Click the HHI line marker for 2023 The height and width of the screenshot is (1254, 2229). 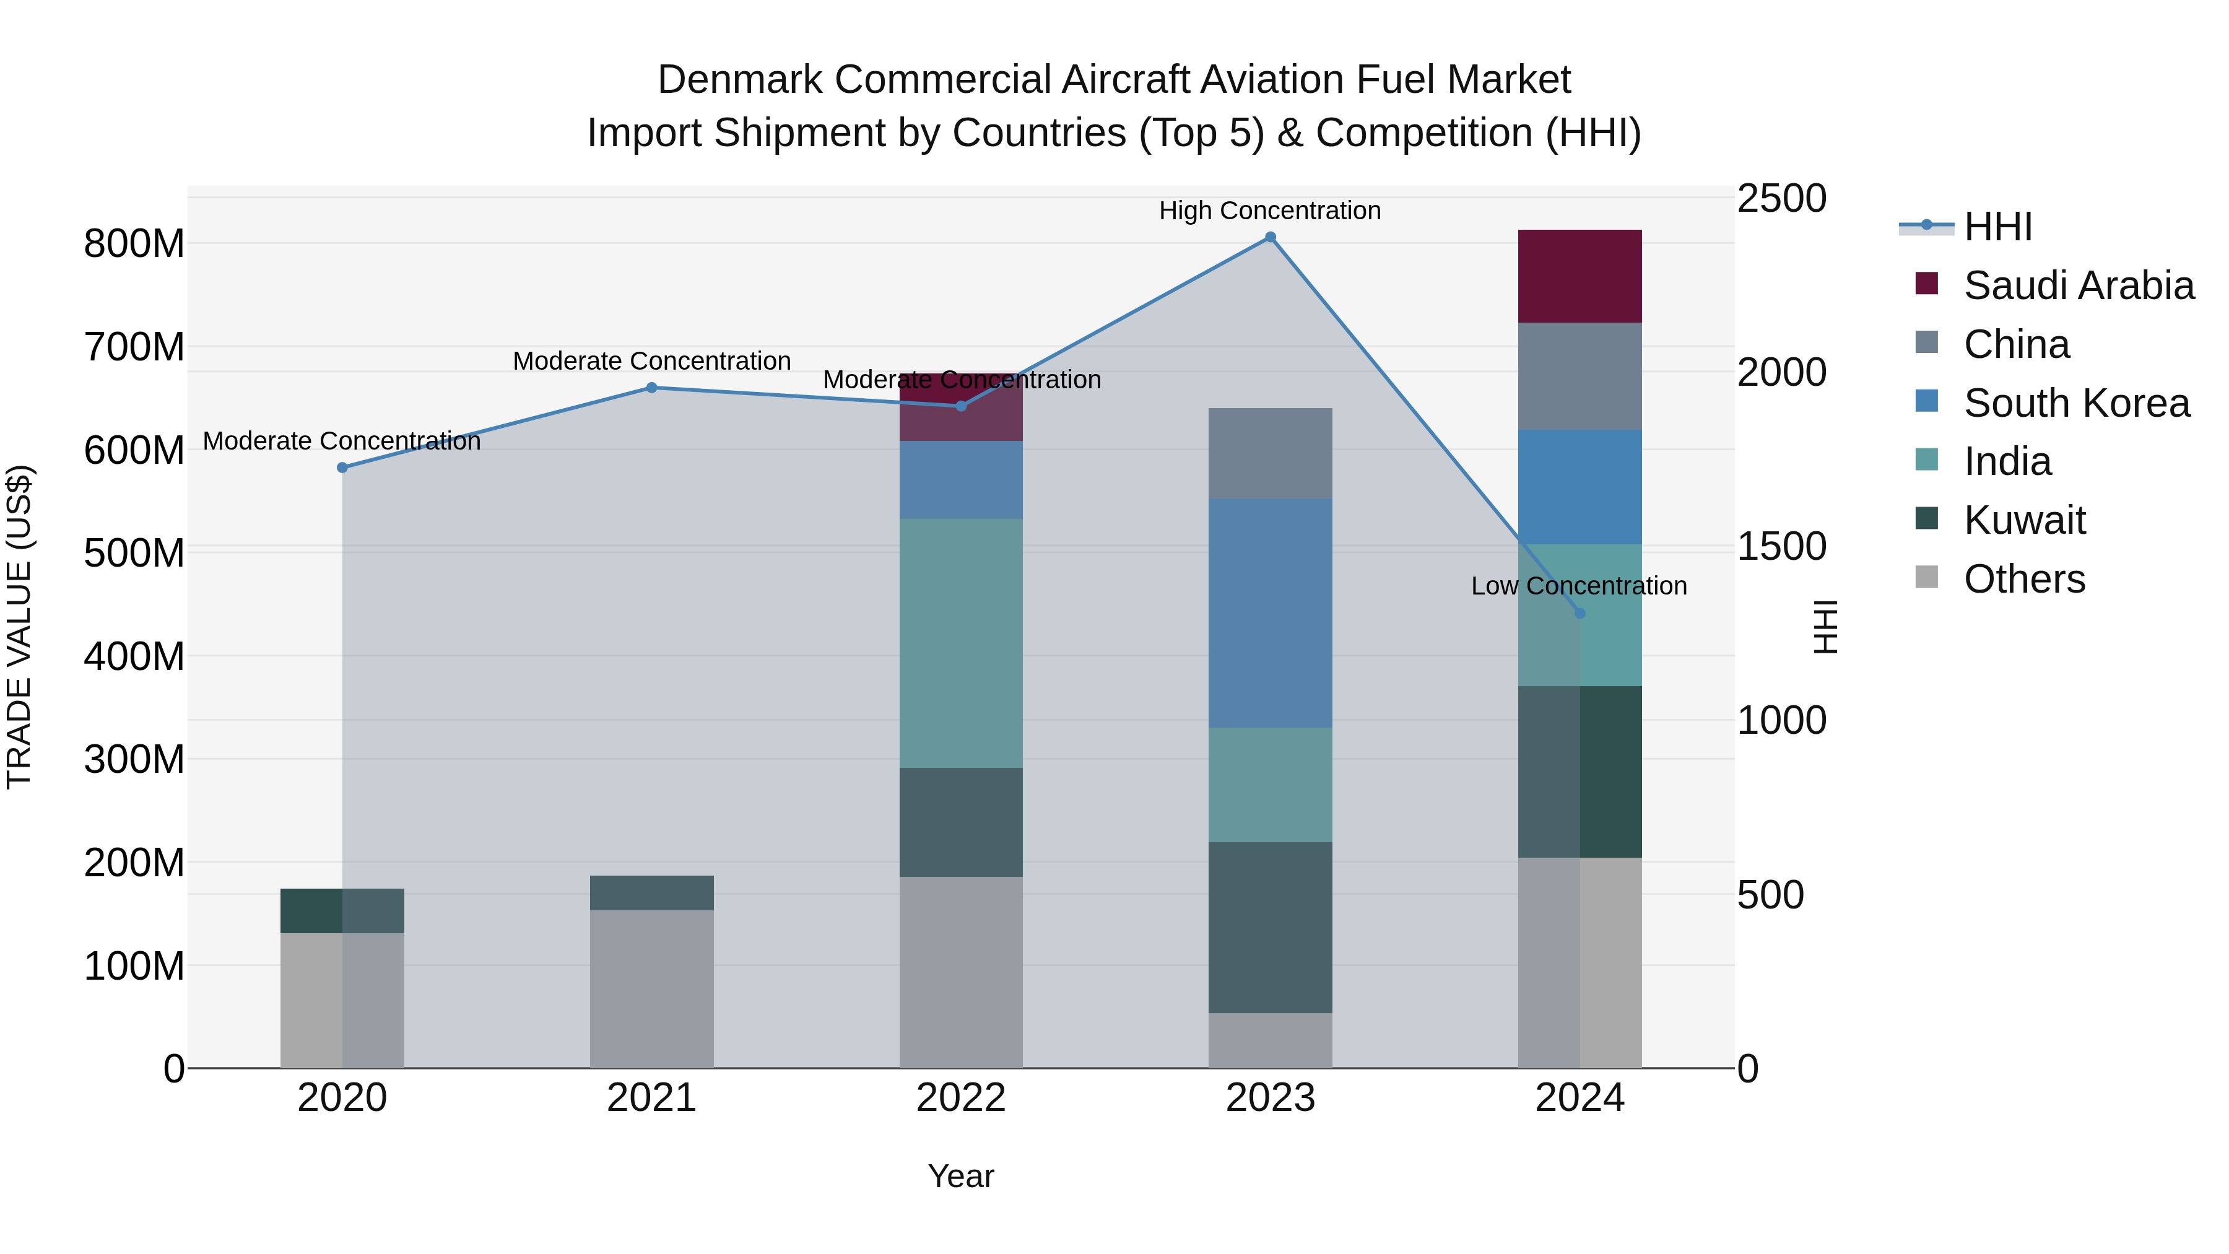point(1271,237)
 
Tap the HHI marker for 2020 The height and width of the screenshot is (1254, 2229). point(342,468)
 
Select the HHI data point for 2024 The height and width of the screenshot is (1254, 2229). point(1580,612)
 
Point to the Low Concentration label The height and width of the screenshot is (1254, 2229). point(1578,586)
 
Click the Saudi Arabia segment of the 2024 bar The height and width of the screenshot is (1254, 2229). point(1580,276)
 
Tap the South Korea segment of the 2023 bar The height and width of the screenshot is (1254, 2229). point(1271,612)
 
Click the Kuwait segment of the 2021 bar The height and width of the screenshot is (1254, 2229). point(651,892)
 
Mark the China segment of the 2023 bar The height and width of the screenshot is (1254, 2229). point(1271,453)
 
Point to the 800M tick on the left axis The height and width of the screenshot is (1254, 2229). point(134,244)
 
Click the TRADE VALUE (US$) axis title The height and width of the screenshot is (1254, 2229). point(19,627)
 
